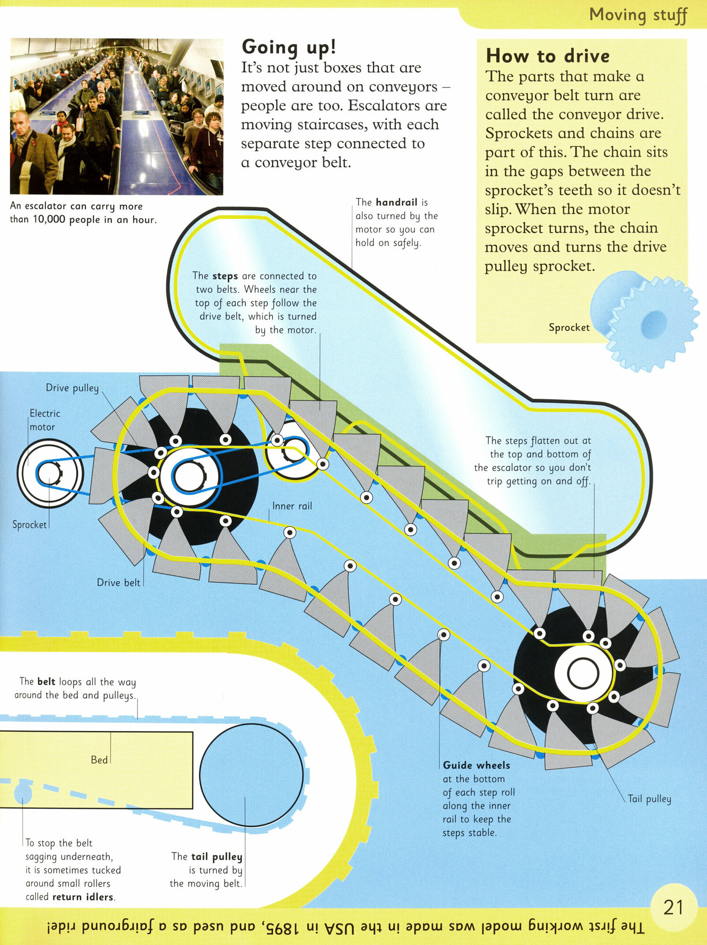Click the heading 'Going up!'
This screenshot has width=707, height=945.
click(289, 48)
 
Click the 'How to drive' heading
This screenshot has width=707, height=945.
click(547, 56)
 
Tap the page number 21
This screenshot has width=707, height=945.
click(673, 908)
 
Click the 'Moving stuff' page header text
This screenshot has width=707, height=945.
click(638, 15)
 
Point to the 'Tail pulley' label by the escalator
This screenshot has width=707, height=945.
click(649, 799)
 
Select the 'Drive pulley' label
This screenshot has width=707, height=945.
click(72, 388)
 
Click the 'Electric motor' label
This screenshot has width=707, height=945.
click(44, 420)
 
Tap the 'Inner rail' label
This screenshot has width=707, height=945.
click(292, 506)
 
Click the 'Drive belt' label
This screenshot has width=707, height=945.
click(118, 583)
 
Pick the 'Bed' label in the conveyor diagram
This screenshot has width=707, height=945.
click(99, 760)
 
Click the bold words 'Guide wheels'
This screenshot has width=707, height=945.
click(476, 765)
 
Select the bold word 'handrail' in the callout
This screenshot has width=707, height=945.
click(396, 203)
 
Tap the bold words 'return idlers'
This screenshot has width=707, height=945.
click(83, 897)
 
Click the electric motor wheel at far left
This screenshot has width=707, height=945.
click(50, 473)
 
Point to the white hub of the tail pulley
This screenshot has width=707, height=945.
click(583, 673)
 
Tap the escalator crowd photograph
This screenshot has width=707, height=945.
click(116, 117)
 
